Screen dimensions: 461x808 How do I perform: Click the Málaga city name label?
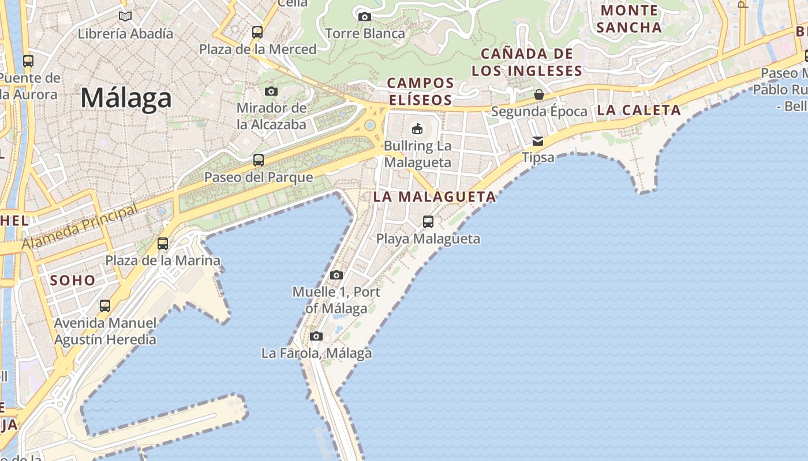pyautogui.click(x=126, y=98)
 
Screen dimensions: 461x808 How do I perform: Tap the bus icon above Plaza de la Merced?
pyautogui.click(x=257, y=32)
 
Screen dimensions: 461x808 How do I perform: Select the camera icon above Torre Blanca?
pyautogui.click(x=365, y=17)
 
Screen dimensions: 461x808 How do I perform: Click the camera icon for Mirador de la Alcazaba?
pyautogui.click(x=271, y=91)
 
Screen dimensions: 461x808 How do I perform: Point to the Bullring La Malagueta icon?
pyautogui.click(x=417, y=128)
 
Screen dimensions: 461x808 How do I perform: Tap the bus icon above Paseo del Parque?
pyautogui.click(x=259, y=160)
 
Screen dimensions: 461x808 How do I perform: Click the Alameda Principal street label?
pyautogui.click(x=80, y=227)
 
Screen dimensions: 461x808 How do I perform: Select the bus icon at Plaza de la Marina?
pyautogui.click(x=163, y=244)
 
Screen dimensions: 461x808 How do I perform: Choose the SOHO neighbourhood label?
pyautogui.click(x=73, y=281)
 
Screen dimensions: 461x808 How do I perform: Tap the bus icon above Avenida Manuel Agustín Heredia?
pyautogui.click(x=105, y=306)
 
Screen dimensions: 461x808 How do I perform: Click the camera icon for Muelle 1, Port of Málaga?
pyautogui.click(x=336, y=275)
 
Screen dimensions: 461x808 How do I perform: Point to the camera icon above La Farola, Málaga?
pyautogui.click(x=316, y=337)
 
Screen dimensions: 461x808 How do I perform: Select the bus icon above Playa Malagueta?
pyautogui.click(x=428, y=222)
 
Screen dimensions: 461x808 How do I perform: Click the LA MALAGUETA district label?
pyautogui.click(x=435, y=197)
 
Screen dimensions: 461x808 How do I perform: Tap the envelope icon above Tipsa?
pyautogui.click(x=538, y=141)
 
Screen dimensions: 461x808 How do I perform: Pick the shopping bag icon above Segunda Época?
pyautogui.click(x=539, y=95)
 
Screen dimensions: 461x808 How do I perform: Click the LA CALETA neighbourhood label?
pyautogui.click(x=639, y=110)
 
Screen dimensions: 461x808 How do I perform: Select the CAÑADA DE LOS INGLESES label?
pyautogui.click(x=527, y=62)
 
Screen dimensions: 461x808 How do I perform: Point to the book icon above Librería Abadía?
pyautogui.click(x=125, y=17)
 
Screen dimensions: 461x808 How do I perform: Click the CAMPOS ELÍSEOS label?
pyautogui.click(x=420, y=92)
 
